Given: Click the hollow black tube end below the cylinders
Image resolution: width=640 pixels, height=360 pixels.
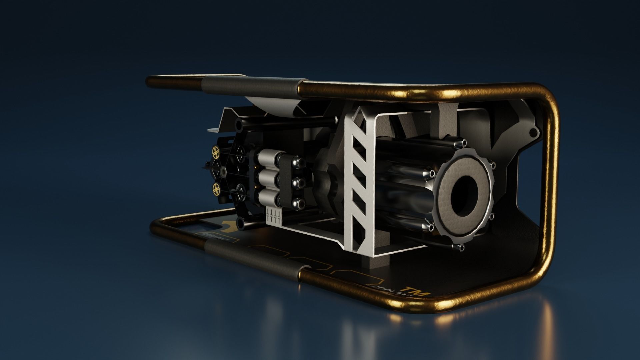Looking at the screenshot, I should pos(239,223).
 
